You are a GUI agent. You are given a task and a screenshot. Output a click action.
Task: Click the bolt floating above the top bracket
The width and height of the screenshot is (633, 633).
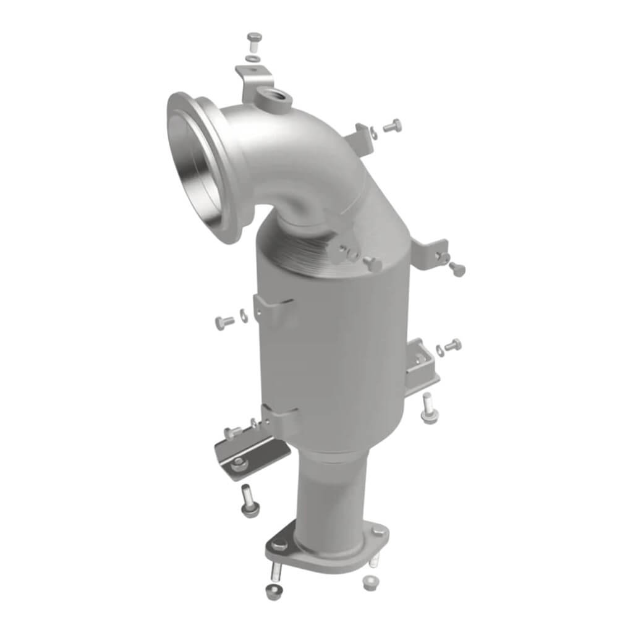(253, 41)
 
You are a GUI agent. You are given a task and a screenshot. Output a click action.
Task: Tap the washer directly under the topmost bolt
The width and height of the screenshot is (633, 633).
(252, 59)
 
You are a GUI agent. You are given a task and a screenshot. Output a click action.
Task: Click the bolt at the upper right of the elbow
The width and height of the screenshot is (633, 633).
(392, 127)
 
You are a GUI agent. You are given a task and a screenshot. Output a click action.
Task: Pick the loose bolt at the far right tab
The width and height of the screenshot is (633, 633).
(457, 268)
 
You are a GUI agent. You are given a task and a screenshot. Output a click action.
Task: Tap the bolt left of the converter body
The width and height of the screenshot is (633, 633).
(224, 321)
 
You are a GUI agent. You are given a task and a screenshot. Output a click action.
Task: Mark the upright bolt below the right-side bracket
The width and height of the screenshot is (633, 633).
(429, 409)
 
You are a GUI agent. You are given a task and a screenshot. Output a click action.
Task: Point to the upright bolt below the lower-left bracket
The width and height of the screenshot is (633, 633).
(249, 501)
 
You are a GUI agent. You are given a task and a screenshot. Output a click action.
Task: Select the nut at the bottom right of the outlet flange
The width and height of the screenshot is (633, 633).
(370, 582)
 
